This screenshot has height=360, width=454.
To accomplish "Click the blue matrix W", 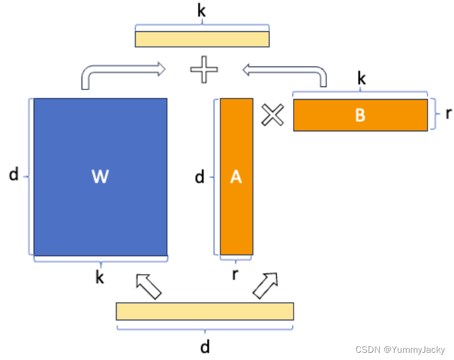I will click(x=100, y=176).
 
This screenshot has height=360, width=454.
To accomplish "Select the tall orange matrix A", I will click(x=236, y=176).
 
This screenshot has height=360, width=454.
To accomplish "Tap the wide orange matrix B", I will click(x=360, y=114).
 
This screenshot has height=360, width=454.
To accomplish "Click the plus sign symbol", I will click(x=204, y=71).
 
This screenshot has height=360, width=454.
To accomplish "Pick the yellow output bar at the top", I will click(x=202, y=38).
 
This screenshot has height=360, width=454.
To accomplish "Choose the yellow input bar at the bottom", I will click(x=205, y=311).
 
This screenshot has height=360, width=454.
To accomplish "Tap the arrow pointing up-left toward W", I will click(x=149, y=286).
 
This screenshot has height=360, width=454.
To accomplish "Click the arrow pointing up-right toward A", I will click(x=265, y=285).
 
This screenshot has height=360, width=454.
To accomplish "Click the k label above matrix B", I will click(x=361, y=79).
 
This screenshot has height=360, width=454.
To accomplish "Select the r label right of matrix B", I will click(x=449, y=114).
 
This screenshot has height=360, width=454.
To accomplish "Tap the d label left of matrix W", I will click(x=13, y=175).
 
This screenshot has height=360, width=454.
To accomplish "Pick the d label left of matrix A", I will click(x=200, y=177).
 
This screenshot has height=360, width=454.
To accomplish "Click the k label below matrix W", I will click(x=100, y=278).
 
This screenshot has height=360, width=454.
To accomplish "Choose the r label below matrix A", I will click(x=236, y=275).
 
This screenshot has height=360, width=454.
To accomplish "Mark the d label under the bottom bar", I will click(x=205, y=347).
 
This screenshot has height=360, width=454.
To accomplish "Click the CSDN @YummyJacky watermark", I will click(x=400, y=350).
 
